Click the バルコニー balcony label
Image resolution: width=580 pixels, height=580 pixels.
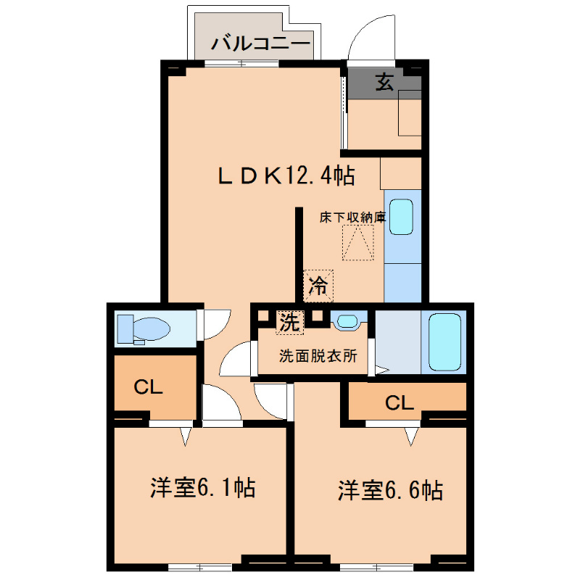click(x=260, y=44)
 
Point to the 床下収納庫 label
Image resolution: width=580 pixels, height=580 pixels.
click(x=353, y=217)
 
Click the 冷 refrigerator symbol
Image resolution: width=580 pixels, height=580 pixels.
click(x=318, y=285)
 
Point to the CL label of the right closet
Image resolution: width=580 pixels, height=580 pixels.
click(x=399, y=402)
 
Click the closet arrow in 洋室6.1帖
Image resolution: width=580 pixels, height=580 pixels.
click(x=184, y=436)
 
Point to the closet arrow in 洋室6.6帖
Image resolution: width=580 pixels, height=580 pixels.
click(x=412, y=436)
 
